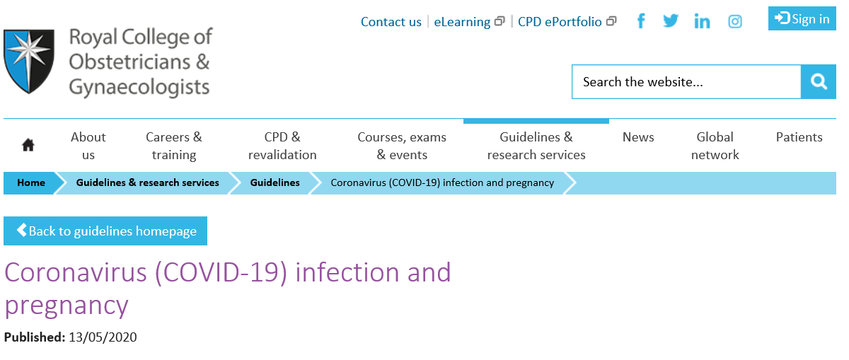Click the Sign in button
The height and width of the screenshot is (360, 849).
pyautogui.click(x=802, y=18)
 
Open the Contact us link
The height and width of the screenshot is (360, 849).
pyautogui.click(x=391, y=22)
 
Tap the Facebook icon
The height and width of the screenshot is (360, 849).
pyautogui.click(x=641, y=21)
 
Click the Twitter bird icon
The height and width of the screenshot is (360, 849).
pyautogui.click(x=671, y=21)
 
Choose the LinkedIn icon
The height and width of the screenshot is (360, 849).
pyautogui.click(x=702, y=21)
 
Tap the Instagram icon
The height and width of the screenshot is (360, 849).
pyautogui.click(x=735, y=21)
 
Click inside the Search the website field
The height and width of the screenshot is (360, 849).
pyautogui.click(x=686, y=82)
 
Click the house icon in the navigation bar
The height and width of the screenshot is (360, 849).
pyautogui.click(x=28, y=145)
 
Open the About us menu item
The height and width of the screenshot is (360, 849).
pyautogui.click(x=88, y=146)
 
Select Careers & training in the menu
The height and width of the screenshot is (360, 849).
pyautogui.click(x=174, y=146)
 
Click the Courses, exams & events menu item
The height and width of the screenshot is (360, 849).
pyautogui.click(x=402, y=146)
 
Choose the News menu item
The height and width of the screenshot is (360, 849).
pyautogui.click(x=638, y=137)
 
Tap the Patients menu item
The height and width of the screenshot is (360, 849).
pyautogui.click(x=799, y=137)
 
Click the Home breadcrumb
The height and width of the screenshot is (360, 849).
pyautogui.click(x=31, y=182)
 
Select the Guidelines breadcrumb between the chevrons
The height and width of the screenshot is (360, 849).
pyautogui.click(x=275, y=182)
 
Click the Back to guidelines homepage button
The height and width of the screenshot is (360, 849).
pyautogui.click(x=105, y=231)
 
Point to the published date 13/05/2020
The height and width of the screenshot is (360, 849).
pyautogui.click(x=103, y=337)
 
